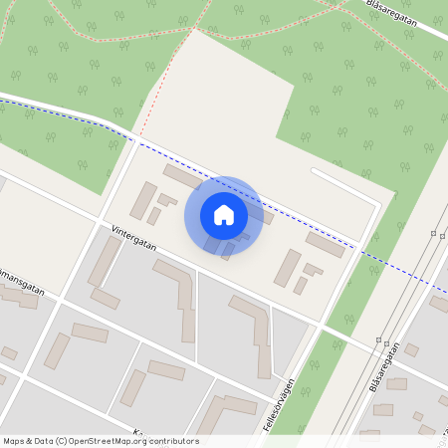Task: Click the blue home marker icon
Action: (224, 214)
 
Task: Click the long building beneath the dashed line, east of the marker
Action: (325, 244)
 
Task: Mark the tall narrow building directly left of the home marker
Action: (144, 202)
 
